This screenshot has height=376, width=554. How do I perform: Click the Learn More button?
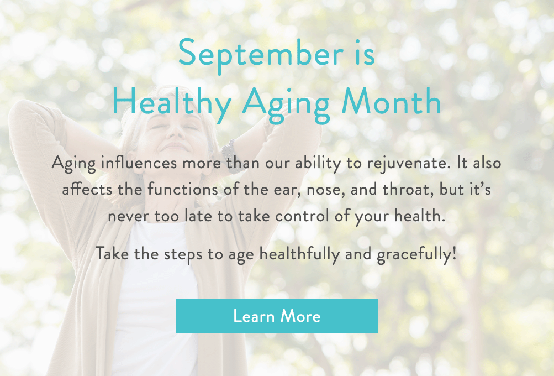pyautogui.click(x=277, y=316)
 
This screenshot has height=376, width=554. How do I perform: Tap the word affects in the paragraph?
pyautogui.click(x=82, y=190)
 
